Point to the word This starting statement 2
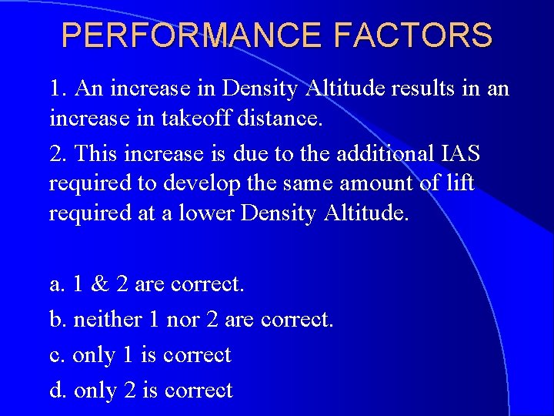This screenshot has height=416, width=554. pos(99,153)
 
